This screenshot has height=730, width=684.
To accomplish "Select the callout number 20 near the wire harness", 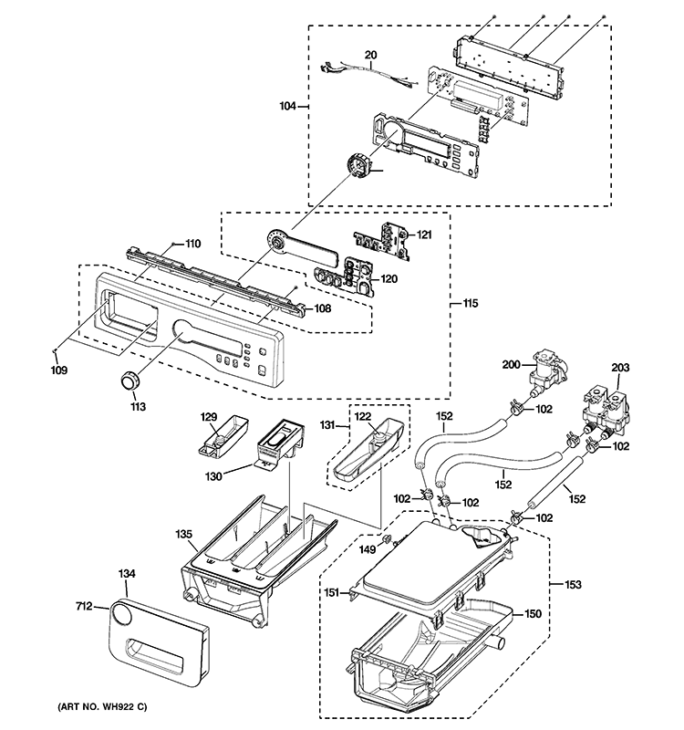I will pos(370,55).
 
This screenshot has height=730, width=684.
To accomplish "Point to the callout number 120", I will pos(389,278).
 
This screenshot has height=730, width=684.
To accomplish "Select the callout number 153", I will pos(572,585).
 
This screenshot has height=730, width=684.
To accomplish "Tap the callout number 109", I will pos(57,371).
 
